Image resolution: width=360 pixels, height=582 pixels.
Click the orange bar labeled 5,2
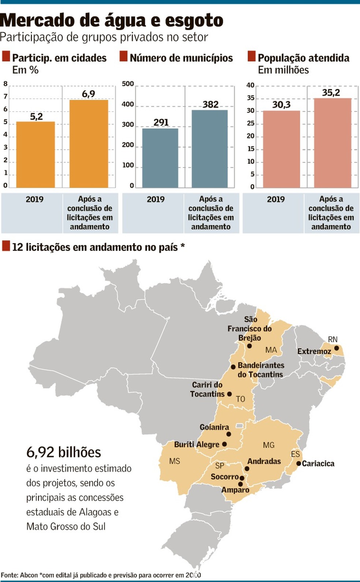(35, 154)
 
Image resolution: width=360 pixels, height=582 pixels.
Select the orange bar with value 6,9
(89, 144)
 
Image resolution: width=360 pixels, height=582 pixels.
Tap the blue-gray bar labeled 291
(160, 158)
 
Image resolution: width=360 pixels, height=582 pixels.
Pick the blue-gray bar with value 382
(210, 149)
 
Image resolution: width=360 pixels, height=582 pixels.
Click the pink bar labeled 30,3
(282, 149)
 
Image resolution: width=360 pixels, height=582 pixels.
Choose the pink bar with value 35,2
(333, 143)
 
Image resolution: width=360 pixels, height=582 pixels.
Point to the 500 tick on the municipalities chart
(128, 84)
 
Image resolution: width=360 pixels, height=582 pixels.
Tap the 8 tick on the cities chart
(5, 84)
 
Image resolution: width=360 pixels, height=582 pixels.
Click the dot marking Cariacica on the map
(299, 463)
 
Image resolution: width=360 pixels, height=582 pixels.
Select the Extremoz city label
(314, 351)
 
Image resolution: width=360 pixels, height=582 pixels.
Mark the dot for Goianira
(229, 434)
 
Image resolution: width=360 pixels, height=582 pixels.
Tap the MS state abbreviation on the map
(175, 461)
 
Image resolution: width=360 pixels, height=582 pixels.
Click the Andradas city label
(264, 462)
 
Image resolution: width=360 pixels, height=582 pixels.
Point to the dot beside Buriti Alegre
(224, 444)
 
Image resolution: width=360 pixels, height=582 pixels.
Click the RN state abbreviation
(333, 339)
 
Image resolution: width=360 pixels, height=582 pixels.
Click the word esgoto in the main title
(194, 20)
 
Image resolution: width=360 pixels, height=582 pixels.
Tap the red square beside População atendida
(251, 56)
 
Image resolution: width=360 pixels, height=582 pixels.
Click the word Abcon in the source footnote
(29, 575)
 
